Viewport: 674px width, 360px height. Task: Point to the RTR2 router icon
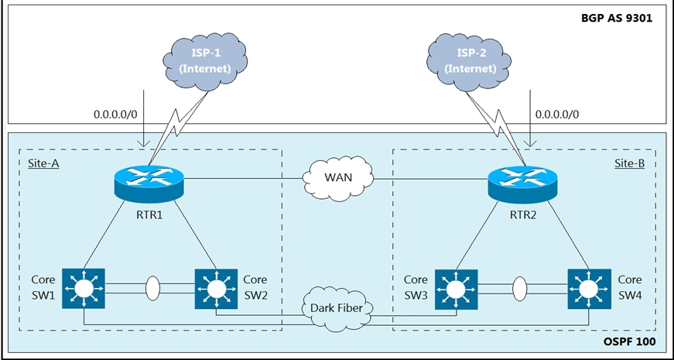522,183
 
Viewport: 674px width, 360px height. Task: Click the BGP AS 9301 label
618,16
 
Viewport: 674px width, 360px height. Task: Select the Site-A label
43,164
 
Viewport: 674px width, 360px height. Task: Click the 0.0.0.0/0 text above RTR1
116,114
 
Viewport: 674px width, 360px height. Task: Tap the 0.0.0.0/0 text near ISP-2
557,114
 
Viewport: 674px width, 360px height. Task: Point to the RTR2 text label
523,218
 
